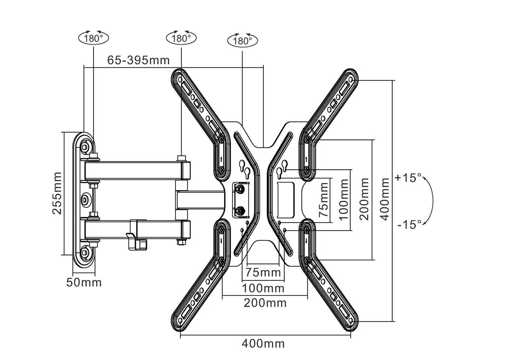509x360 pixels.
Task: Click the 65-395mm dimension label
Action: point(138,60)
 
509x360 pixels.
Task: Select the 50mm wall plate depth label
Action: point(83,282)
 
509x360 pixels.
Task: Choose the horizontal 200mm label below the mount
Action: point(265,302)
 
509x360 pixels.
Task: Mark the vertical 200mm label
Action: point(365,200)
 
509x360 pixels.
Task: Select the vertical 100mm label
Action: point(343,200)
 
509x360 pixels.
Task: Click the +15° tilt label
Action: point(408,177)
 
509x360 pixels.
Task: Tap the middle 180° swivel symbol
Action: point(180,38)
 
